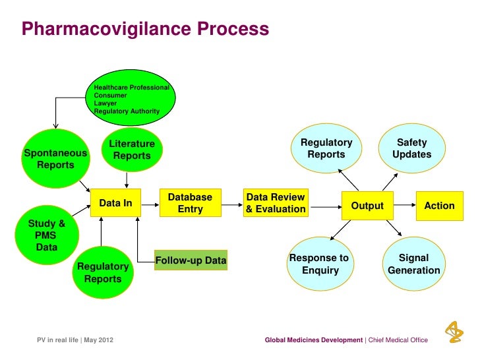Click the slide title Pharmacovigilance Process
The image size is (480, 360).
pyautogui.click(x=145, y=30)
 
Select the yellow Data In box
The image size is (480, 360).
pyautogui.click(x=115, y=204)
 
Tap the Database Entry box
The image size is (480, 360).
pyautogui.click(x=190, y=203)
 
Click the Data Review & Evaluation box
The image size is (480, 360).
pyautogui.click(x=276, y=203)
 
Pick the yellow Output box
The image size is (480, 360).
pyautogui.click(x=367, y=206)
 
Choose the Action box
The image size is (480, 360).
pyautogui.click(x=439, y=206)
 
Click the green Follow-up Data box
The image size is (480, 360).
pyautogui.click(x=191, y=261)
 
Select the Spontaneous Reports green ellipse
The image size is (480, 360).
pyautogui.click(x=55, y=159)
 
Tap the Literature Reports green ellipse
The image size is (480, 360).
pyautogui.click(x=131, y=150)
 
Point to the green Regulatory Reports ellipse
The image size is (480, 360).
pyautogui.click(x=102, y=272)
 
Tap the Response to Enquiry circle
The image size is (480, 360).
pyautogui.click(x=319, y=264)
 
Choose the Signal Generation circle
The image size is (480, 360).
pyautogui.click(x=413, y=264)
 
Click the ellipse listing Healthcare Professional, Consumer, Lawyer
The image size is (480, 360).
pyautogui.click(x=132, y=99)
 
